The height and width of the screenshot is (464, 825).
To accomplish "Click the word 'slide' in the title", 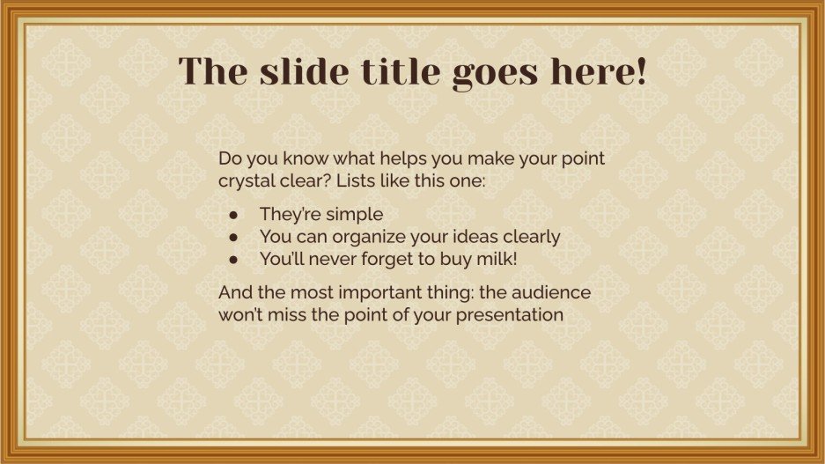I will point(297,71).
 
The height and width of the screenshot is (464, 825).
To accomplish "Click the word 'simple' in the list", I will point(356,214).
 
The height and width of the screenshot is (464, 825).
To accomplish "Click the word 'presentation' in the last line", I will point(510,314).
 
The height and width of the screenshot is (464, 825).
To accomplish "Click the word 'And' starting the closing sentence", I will point(233,291).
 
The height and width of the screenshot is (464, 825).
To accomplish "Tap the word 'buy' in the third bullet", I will point(449,260).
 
